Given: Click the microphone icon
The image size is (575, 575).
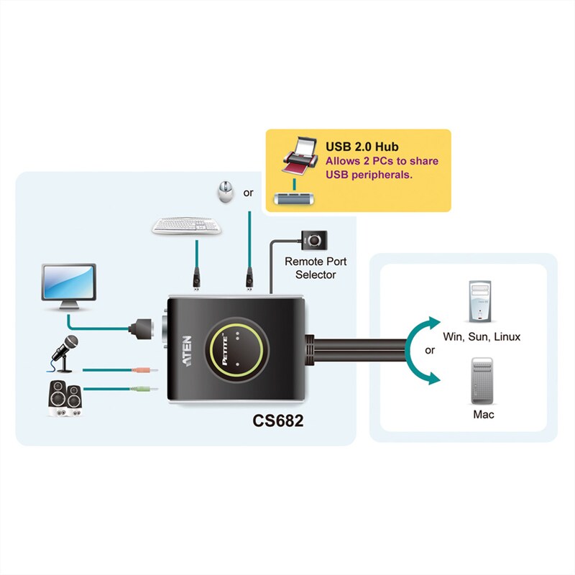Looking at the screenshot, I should click(63, 351).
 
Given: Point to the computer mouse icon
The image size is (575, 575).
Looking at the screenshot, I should click(225, 191).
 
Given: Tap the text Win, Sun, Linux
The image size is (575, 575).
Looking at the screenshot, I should click(482, 336).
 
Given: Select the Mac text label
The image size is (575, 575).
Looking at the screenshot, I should click(483, 415).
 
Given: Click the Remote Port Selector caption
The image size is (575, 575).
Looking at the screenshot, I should click(310, 268).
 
